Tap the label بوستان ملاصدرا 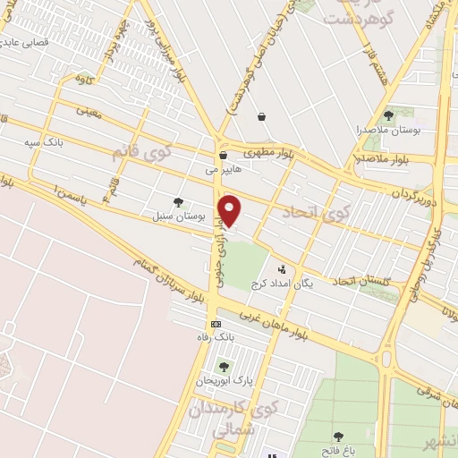click(387, 131)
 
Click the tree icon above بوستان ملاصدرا click(387, 115)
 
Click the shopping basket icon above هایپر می click(223, 156)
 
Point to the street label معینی click(89, 112)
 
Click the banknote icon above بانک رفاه click(215, 323)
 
